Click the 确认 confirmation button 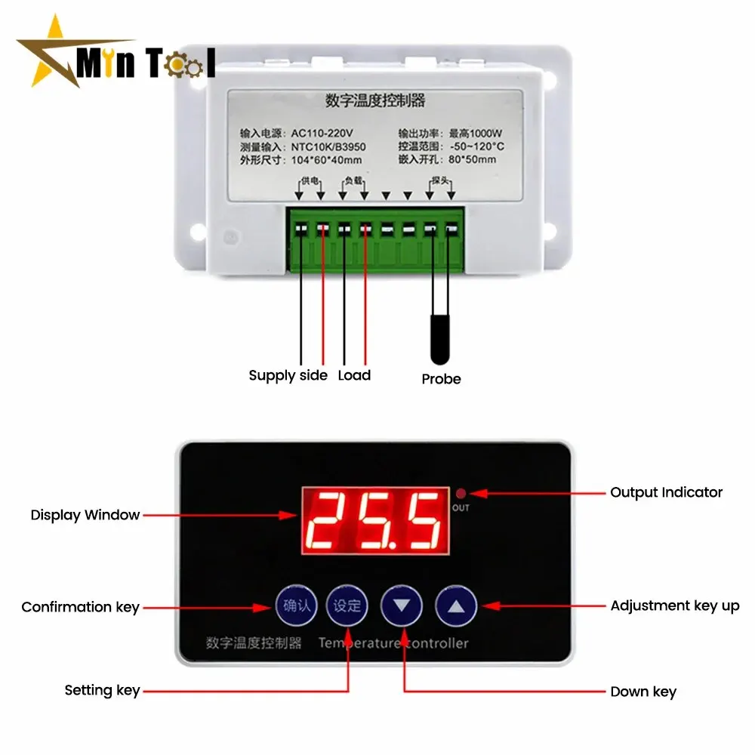coord(296,605)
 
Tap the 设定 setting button coord(347,605)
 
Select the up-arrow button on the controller coord(456,605)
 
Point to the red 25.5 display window coord(374,520)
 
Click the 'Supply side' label coord(288,375)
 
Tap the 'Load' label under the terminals coord(354,375)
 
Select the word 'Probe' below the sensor coord(441,379)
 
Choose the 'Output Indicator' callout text coord(666,492)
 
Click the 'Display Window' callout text coord(85,515)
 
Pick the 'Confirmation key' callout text coord(80,607)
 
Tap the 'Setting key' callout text coord(102,689)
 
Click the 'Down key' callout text coord(643,692)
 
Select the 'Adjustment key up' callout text coord(674,606)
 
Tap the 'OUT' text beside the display coord(461,508)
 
